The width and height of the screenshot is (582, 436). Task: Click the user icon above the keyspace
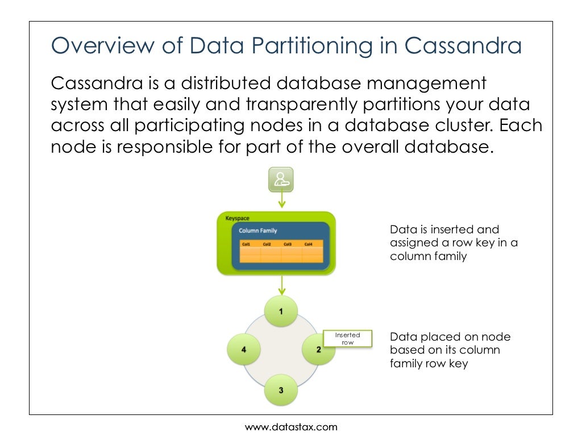coord(281,179)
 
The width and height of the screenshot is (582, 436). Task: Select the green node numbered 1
coord(281,311)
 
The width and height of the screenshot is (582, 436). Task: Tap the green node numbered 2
coord(318,349)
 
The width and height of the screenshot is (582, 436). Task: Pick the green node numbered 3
coord(281,390)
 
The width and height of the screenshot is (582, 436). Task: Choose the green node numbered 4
coord(244,349)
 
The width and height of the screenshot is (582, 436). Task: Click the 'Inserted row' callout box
coord(347,339)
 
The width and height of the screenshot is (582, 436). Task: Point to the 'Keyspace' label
coord(237,219)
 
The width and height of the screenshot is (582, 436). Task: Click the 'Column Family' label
coord(257,231)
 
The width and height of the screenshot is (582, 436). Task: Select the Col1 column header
coord(246,244)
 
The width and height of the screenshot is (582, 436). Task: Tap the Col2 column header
coord(267,244)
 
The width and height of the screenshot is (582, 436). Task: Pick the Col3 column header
coord(288,244)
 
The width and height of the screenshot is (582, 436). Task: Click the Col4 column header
coord(308,244)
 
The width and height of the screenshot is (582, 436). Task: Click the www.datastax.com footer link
coord(291,426)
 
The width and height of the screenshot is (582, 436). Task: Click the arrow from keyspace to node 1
coord(281,286)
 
